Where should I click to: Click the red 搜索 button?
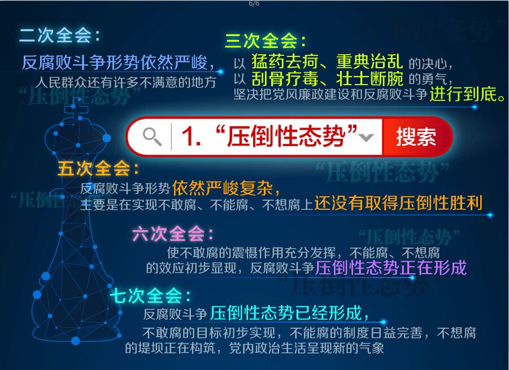[417, 136]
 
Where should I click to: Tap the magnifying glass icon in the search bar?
[152, 136]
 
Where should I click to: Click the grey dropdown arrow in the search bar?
[367, 138]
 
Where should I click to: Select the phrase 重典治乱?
[369, 61]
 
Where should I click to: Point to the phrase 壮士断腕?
[369, 79]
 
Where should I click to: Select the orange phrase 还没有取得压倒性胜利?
[398, 203]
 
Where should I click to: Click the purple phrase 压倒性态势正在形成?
[390, 267]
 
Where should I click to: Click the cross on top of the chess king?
[76, 108]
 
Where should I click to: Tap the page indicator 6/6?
[254, 3]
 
